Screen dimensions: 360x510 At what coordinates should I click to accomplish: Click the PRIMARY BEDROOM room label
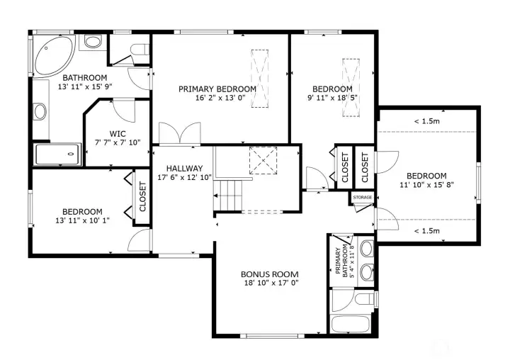[217, 89]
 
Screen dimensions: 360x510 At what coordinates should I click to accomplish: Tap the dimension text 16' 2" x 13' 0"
[217, 99]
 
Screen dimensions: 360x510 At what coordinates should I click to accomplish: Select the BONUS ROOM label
[269, 274]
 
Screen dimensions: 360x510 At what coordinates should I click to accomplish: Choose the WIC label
[118, 133]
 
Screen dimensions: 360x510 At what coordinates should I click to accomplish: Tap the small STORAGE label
[363, 197]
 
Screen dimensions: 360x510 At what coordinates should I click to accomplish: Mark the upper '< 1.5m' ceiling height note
[427, 121]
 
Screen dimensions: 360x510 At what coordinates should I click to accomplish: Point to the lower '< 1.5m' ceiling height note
[427, 231]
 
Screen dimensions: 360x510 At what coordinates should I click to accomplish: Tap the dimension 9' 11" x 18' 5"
[333, 99]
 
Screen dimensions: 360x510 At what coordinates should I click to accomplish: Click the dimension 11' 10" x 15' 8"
[426, 185]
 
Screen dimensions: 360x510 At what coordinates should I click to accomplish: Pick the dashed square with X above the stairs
[263, 160]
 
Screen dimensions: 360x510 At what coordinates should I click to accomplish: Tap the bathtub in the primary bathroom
[352, 325]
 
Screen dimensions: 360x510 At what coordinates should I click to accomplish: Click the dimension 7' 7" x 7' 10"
[118, 142]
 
